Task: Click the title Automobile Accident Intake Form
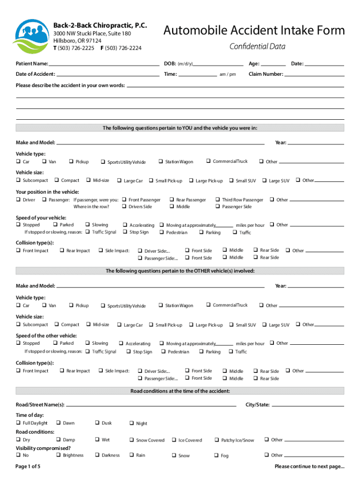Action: [254, 31]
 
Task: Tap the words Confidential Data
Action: [257, 46]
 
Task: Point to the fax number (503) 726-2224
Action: [123, 48]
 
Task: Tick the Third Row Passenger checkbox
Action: [218, 200]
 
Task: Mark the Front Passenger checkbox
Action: [124, 200]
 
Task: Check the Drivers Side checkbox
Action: [124, 207]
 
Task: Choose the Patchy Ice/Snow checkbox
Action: [217, 440]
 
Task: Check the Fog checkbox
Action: [217, 455]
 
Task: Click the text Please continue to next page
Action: [310, 466]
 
